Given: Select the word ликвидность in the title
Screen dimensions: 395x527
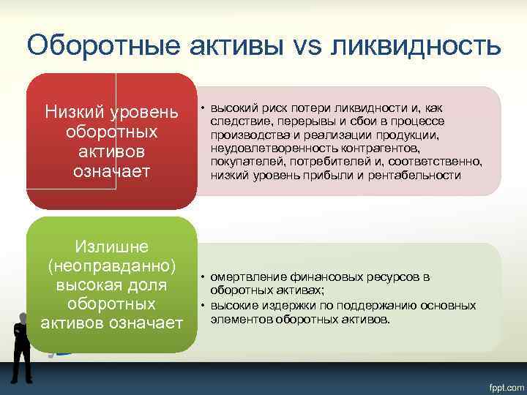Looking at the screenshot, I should [415, 45].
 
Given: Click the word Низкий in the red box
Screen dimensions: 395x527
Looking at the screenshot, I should [75, 113].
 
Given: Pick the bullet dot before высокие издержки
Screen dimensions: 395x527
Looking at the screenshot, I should [202, 305].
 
